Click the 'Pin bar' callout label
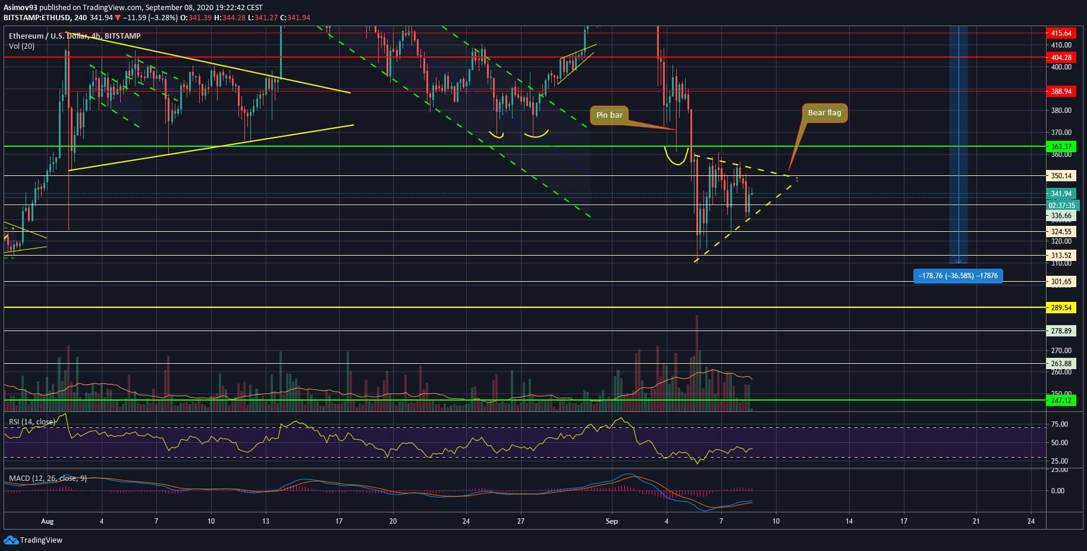point(609,115)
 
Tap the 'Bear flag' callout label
point(824,112)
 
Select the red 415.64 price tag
point(1061,33)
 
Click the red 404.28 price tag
point(1061,58)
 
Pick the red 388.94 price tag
point(1061,92)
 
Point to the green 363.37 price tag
point(1061,147)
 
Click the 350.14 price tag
point(1061,176)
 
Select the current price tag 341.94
point(1061,194)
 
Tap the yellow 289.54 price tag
point(1061,308)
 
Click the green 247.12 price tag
point(1061,401)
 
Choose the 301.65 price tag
point(1061,282)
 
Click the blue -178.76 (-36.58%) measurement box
point(957,276)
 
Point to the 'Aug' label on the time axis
point(48,521)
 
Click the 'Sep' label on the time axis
point(611,521)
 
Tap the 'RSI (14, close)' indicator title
point(32,422)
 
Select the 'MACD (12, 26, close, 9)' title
point(48,478)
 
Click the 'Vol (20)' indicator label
point(21,46)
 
